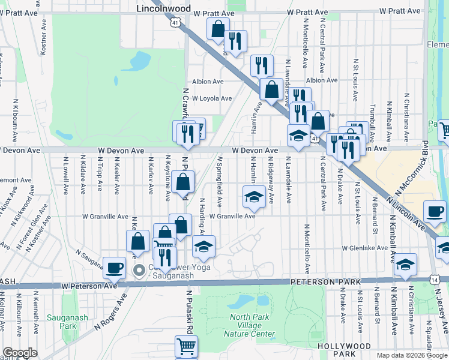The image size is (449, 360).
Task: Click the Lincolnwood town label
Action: [x=163, y=9]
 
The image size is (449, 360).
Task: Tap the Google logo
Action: [x=20, y=353]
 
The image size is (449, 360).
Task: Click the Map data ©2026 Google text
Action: [x=411, y=355]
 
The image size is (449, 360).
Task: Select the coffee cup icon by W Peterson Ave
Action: [x=113, y=268]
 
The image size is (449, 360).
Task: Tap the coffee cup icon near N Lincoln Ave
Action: [x=435, y=211]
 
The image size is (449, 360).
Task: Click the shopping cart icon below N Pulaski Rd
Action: [x=186, y=346]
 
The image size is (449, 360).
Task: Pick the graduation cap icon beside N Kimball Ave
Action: [x=406, y=264]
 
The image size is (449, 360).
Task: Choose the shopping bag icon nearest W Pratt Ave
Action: [x=218, y=28]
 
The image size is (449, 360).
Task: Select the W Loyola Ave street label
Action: [x=212, y=98]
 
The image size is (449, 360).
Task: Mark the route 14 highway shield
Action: [x=434, y=280]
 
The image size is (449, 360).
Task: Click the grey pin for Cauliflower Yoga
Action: [x=139, y=270]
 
